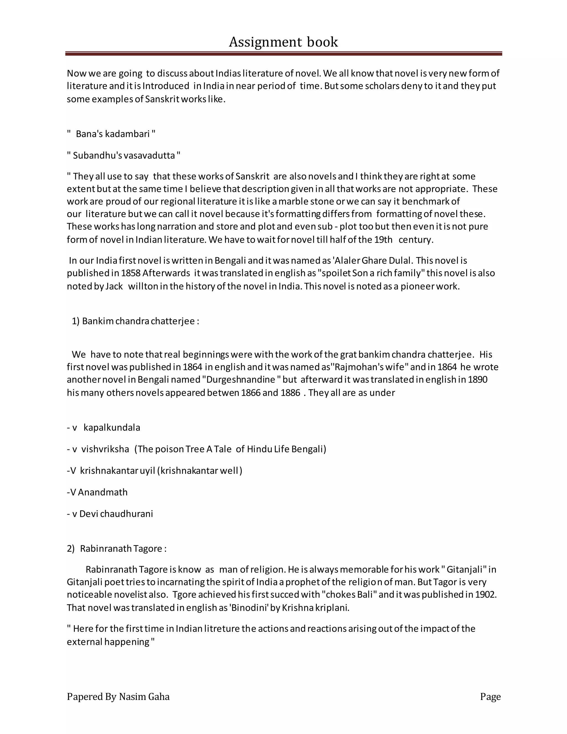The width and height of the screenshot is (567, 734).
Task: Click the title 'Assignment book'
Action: [x=283, y=42]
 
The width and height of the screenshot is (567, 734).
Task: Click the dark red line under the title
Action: [x=283, y=53]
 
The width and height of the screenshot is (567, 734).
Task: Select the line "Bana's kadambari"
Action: [x=112, y=134]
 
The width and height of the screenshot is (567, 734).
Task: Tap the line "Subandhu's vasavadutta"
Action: [x=123, y=156]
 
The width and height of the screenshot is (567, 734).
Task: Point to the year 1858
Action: [x=131, y=273]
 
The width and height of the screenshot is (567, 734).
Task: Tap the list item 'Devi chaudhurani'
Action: [x=116, y=514]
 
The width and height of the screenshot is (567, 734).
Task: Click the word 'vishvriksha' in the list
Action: [x=105, y=449]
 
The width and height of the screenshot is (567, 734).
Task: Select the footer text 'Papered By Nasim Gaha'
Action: [x=118, y=696]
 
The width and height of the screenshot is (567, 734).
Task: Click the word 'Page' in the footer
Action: [x=490, y=696]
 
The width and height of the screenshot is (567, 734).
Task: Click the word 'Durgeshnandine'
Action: [x=241, y=379]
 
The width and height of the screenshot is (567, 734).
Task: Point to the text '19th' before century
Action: [x=383, y=240]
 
